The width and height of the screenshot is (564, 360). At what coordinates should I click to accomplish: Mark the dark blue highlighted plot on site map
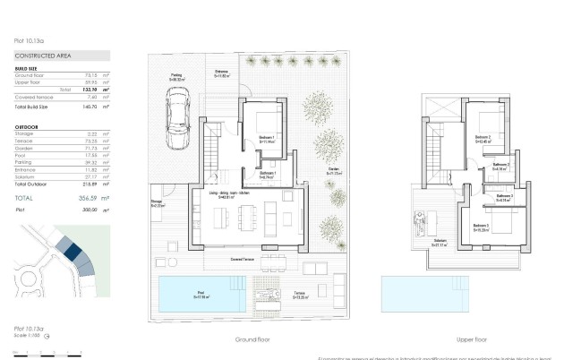71,253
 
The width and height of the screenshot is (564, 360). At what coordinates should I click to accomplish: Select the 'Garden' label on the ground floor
332,169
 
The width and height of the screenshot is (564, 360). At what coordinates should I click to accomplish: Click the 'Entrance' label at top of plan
221,72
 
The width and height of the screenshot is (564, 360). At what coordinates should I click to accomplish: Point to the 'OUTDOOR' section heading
26,126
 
